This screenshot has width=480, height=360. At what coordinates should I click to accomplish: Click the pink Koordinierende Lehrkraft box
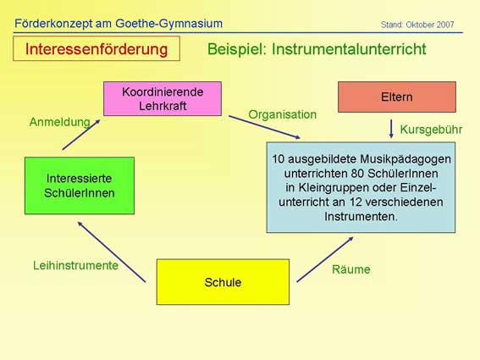[x=163, y=98]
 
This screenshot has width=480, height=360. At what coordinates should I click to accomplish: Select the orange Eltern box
[x=397, y=97]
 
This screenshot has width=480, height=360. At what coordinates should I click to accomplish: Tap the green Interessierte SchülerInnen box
[x=80, y=186]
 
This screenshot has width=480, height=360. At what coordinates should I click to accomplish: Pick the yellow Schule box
[x=223, y=282]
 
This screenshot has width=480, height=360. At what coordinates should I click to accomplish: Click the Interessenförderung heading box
[x=97, y=49]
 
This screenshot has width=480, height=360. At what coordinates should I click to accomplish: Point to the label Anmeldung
[x=60, y=122]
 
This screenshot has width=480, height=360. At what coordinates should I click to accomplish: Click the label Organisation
[x=282, y=114]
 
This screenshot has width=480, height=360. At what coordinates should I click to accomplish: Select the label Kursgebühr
[x=431, y=130]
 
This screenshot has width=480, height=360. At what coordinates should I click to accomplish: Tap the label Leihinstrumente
[x=75, y=265]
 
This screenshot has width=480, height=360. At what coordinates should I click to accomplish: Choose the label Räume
[x=351, y=269]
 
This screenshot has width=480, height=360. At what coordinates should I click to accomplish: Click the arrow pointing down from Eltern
[x=391, y=129]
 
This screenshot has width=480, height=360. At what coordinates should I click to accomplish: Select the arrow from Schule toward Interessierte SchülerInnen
[x=112, y=252]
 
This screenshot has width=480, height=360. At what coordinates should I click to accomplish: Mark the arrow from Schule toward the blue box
[x=325, y=259]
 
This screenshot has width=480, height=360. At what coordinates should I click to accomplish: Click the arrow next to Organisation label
[x=264, y=127]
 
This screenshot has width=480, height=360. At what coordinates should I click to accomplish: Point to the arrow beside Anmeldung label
[x=81, y=135]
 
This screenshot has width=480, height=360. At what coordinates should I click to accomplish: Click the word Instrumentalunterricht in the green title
[x=349, y=49]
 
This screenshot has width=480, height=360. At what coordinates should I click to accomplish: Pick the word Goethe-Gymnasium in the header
[x=168, y=24]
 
